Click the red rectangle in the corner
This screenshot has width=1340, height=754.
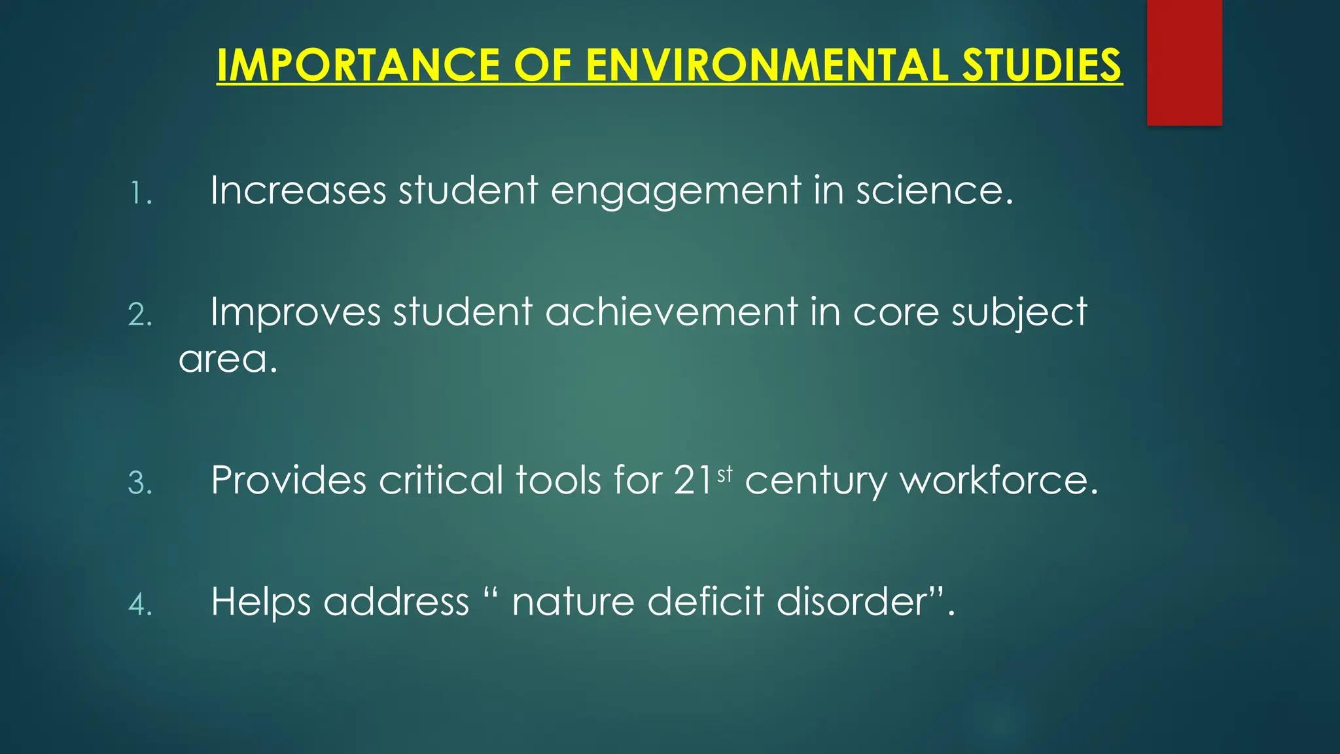[x=1184, y=62]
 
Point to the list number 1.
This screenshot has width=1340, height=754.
[x=140, y=194]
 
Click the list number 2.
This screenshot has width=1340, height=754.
[x=140, y=315]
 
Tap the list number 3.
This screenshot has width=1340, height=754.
[x=140, y=484]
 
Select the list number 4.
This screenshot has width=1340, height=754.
[x=140, y=605]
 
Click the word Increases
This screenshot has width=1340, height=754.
[x=298, y=190]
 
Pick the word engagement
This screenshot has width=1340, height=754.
[x=676, y=192]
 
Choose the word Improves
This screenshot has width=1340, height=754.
[x=295, y=312]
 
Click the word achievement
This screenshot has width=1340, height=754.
[x=671, y=312]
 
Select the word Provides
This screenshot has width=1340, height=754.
[x=289, y=480]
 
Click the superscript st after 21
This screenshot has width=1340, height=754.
[x=725, y=473]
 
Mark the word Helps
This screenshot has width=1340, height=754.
[x=260, y=602]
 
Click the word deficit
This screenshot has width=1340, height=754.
[x=705, y=601]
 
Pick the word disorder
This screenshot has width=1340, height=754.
[x=858, y=601]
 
